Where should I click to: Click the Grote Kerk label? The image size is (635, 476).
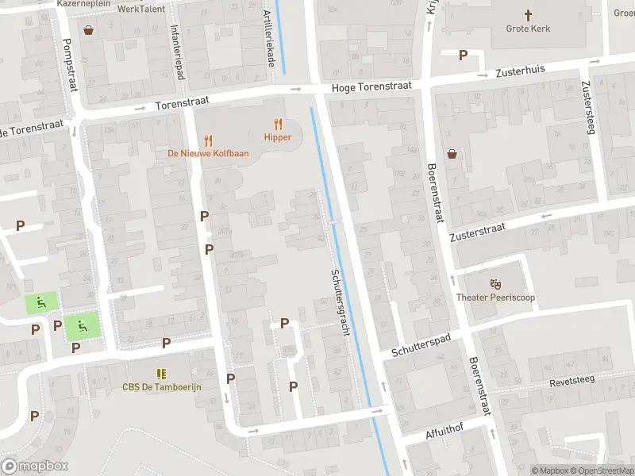[x=528, y=29]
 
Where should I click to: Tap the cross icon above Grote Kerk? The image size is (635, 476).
[x=528, y=14]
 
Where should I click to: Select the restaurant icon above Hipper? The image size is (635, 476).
[x=278, y=124]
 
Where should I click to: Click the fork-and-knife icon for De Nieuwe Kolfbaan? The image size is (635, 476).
[x=209, y=140]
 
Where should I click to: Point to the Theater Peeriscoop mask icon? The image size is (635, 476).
[x=496, y=283]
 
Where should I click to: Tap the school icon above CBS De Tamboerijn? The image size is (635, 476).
[x=162, y=373]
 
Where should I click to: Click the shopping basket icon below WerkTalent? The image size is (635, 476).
[x=89, y=30]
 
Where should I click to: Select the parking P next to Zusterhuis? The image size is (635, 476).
[x=463, y=55]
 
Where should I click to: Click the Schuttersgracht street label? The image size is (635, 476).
[x=339, y=301]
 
